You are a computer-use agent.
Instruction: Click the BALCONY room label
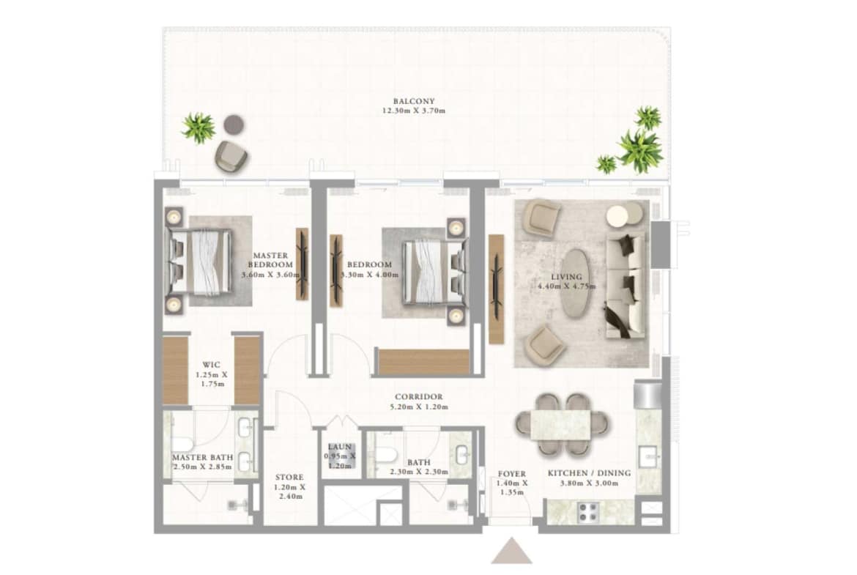coord(414,101)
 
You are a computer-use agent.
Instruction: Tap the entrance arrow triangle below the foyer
coord(511,551)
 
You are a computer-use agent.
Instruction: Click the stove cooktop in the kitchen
coord(589,511)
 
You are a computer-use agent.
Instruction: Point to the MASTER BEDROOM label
coord(270,259)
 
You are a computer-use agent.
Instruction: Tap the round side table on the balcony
coord(234,125)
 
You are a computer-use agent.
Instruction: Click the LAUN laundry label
coord(340,447)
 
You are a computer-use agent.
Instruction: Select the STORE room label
coord(289,477)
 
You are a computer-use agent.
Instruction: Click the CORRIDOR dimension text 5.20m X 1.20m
coord(419,407)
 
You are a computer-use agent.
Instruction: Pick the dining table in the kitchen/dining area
coord(561,425)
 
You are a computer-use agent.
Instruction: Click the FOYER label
coord(511,474)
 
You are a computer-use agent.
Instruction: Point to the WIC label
coord(212,365)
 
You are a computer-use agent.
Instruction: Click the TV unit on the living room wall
coord(496,289)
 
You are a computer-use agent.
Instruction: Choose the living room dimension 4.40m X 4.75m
coord(566,286)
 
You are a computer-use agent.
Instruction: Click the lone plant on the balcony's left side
coord(199,128)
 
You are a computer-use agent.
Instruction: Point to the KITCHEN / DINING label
coord(589,472)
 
